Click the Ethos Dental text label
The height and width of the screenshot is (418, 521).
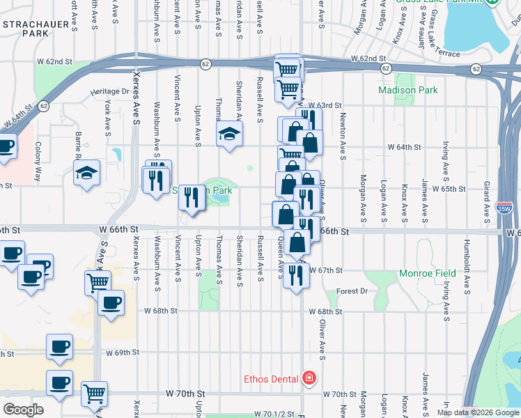(x=271, y=380)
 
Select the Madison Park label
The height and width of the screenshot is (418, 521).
(x=407, y=90)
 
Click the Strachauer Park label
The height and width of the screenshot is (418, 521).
(x=25, y=28)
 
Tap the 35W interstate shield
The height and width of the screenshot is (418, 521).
(x=502, y=208)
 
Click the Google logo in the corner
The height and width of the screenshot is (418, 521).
(x=24, y=410)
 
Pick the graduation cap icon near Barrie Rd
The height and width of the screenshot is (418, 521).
(x=87, y=173)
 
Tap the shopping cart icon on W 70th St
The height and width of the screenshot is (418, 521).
(x=94, y=393)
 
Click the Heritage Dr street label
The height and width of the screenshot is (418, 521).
(x=110, y=91)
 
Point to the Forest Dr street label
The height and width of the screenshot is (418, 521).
(x=352, y=291)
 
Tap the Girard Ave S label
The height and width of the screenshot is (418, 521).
(x=485, y=196)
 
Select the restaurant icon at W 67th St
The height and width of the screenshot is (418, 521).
(x=296, y=274)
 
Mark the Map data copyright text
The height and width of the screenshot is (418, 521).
(x=477, y=412)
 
